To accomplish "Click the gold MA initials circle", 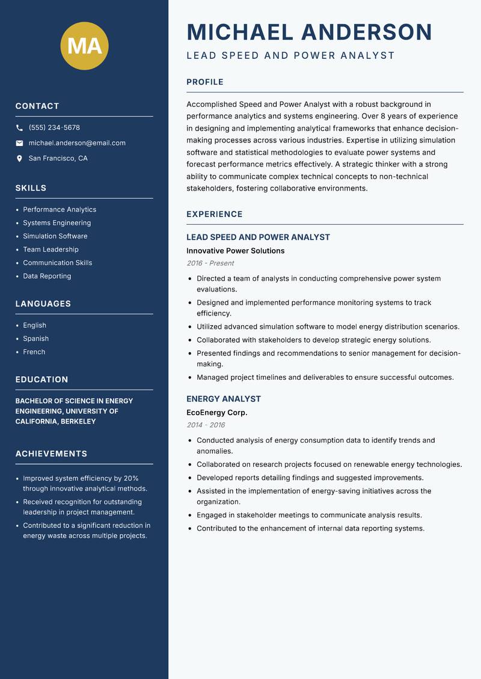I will coord(85,46).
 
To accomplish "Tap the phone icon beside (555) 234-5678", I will coord(19,128).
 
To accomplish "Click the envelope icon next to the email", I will coord(19,143).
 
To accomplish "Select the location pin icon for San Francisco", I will coord(19,159).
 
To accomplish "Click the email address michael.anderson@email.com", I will coord(77,143).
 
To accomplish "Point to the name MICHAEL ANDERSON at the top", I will coord(309,32).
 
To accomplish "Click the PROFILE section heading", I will coord(205,82).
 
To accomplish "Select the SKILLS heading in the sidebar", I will coord(31,188).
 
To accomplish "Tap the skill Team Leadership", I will coord(51,249).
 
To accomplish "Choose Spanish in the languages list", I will coord(35,339).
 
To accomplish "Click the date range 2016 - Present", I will coord(210,263).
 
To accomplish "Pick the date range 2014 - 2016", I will coord(206,425).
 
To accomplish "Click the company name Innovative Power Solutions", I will coord(235,251).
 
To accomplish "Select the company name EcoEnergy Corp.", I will coord(216,413).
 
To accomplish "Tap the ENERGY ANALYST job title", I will coord(224,399).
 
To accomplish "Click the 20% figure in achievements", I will coord(131,478).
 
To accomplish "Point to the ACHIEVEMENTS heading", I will coord(51,454).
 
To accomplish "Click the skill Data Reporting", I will coord(47,276).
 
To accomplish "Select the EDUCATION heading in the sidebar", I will coord(41,380).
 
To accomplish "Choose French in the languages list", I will coord(34,352).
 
